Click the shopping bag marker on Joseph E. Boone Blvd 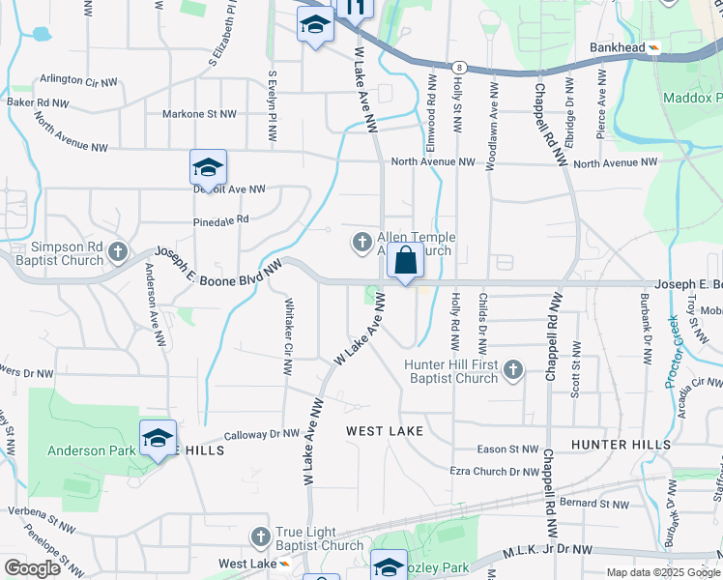point(407,261)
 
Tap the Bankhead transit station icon point(654,47)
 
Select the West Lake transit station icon point(284,564)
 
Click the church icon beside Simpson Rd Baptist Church point(118,253)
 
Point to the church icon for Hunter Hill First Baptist point(512,369)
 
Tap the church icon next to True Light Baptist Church point(259,536)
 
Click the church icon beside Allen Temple point(362,243)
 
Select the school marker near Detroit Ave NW point(208,170)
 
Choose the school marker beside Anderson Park point(158,439)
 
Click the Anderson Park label point(82,450)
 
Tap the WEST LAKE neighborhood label point(386,430)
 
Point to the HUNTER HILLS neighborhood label point(620,444)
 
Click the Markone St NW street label point(200,114)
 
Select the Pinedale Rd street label point(221,219)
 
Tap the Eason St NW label point(507,449)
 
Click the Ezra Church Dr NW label point(494,471)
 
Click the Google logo point(32,568)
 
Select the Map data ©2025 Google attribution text point(662,572)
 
